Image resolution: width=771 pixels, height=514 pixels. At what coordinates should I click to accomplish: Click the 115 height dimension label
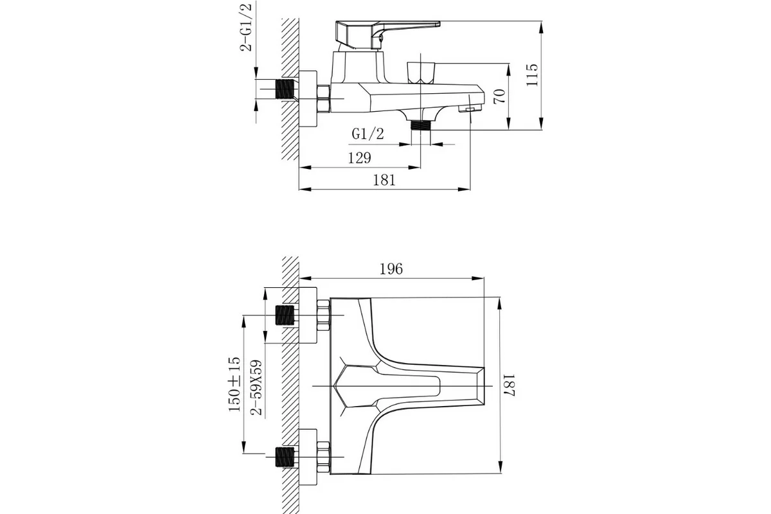pyautogui.click(x=532, y=75)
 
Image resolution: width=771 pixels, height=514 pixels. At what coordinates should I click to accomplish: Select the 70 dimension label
pyautogui.click(x=499, y=96)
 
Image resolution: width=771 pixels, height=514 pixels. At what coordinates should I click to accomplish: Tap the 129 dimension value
pyautogui.click(x=360, y=158)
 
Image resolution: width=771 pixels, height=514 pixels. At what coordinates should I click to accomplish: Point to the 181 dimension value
pyautogui.click(x=384, y=180)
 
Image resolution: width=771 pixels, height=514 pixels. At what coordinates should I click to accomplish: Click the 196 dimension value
pyautogui.click(x=391, y=269)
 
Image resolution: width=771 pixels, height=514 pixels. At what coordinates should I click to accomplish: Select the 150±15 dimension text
pyautogui.click(x=235, y=384)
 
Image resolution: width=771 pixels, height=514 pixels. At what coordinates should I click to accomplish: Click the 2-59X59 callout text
pyautogui.click(x=256, y=387)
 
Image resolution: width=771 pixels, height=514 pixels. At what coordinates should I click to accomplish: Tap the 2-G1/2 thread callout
pyautogui.click(x=246, y=27)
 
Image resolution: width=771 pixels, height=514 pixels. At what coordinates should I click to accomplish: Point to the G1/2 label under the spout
pyautogui.click(x=368, y=134)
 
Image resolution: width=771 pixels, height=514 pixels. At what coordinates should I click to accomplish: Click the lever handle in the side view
pyautogui.click(x=387, y=35)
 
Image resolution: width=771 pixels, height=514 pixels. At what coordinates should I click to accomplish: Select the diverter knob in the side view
pyautogui.click(x=421, y=73)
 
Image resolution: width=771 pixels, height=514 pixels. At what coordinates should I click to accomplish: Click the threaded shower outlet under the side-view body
pyautogui.click(x=421, y=125)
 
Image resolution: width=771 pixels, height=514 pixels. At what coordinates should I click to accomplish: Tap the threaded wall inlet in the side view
pyautogui.click(x=285, y=89)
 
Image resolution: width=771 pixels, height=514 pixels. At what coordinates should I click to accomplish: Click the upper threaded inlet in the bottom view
pyautogui.click(x=285, y=315)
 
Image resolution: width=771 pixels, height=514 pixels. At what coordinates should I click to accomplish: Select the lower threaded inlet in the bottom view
pyautogui.click(x=285, y=457)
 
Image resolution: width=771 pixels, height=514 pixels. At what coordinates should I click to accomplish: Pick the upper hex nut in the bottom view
pyautogui.click(x=323, y=315)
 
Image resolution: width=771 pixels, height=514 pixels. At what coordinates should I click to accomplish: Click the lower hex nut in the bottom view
pyautogui.click(x=323, y=457)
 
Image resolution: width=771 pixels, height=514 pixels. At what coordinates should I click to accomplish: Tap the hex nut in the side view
pyautogui.click(x=323, y=99)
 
